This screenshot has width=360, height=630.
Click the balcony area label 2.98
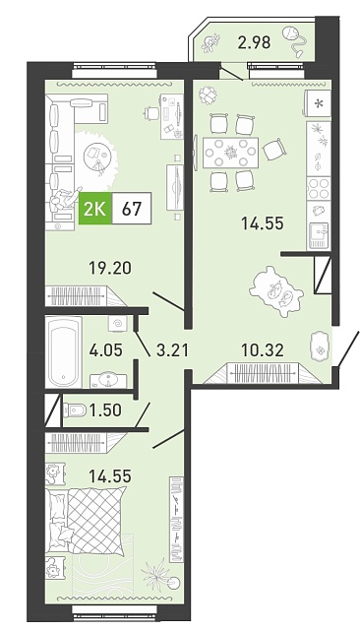[254, 41]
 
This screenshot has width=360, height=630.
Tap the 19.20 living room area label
[110, 268]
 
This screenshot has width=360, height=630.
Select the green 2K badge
[95, 209]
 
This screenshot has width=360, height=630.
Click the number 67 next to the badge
[131, 209]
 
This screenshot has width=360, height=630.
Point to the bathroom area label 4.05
[106, 350]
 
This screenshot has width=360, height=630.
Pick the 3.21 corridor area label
[168, 350]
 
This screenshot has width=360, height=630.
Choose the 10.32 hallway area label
[263, 350]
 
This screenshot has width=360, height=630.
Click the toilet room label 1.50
[104, 410]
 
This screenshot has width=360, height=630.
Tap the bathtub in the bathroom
[63, 352]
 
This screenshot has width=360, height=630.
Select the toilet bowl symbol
[75, 410]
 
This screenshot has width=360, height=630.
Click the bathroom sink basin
[107, 379]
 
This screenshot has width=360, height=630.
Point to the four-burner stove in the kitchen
[319, 189]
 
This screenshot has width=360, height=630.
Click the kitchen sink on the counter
[319, 235]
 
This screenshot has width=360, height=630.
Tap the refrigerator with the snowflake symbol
[319, 104]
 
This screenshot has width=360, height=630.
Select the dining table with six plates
[230, 154]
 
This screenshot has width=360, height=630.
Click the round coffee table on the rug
[98, 157]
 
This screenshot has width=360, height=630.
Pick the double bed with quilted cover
[87, 521]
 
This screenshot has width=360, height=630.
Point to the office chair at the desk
[150, 113]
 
